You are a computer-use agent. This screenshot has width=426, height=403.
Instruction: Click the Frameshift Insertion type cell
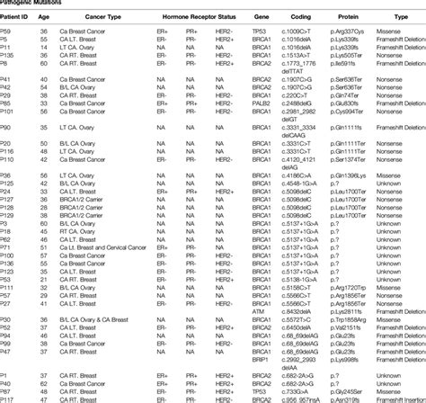pyautogui.click(x=400, y=399)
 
